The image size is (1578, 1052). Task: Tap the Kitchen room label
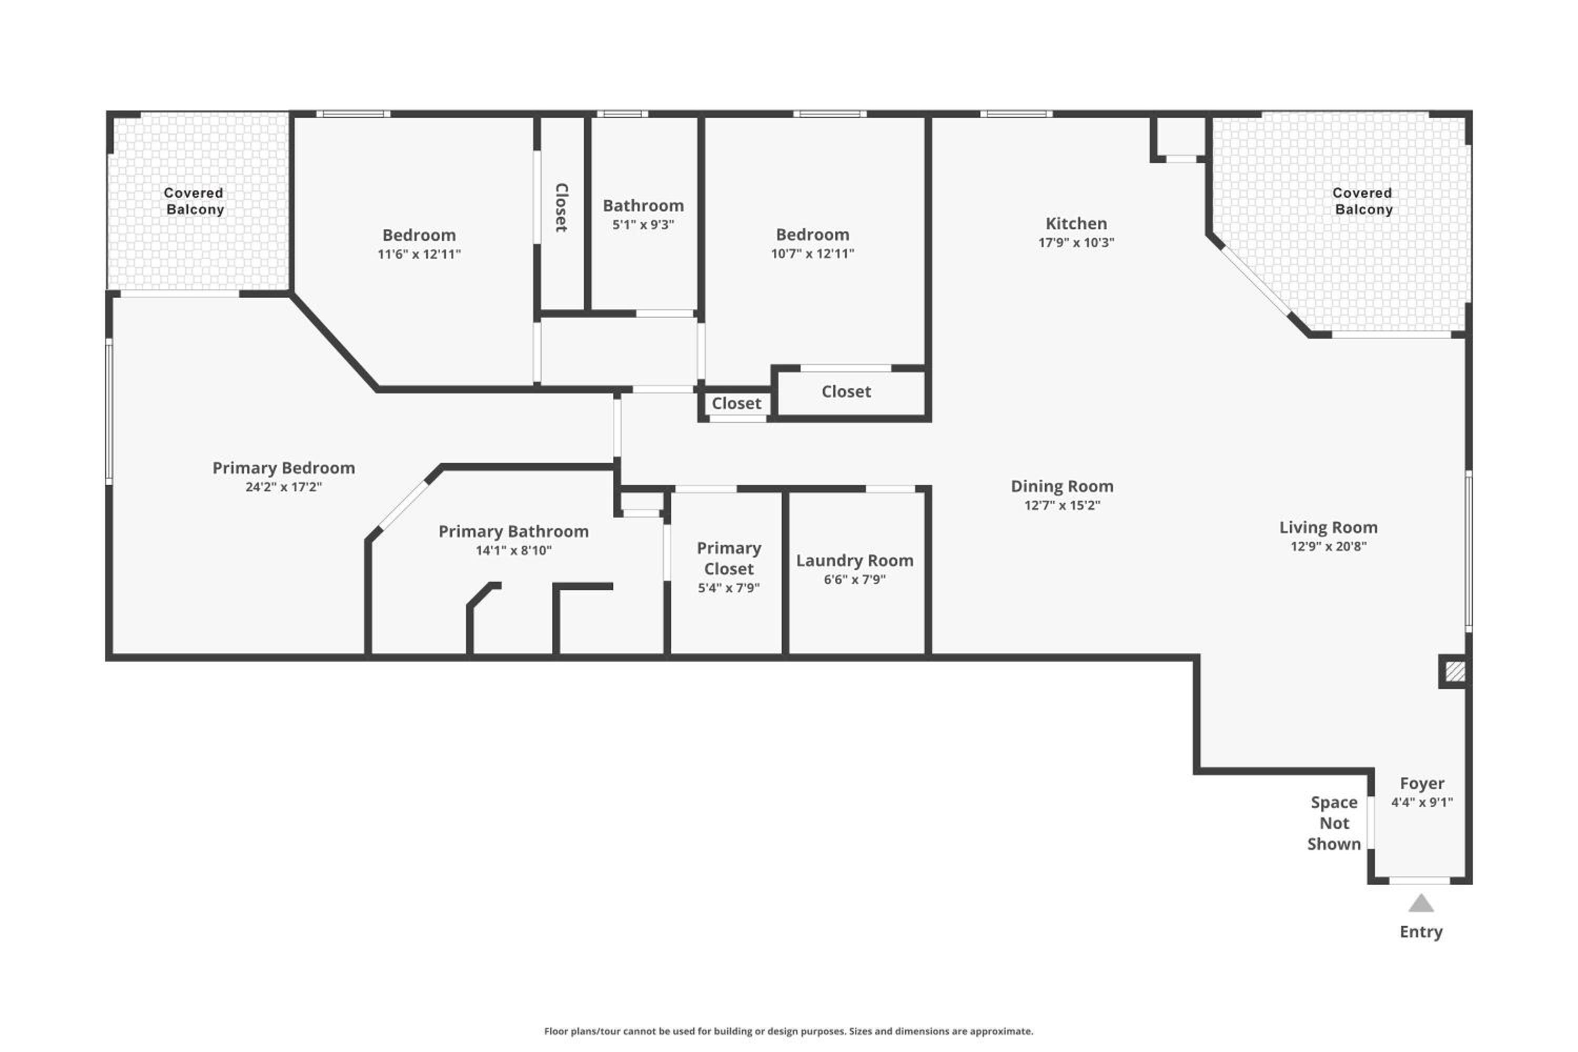(1076, 224)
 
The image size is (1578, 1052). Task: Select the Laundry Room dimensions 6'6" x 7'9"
(855, 580)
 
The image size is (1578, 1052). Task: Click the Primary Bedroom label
(284, 468)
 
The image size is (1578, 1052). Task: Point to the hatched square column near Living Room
(1454, 672)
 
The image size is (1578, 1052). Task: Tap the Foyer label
(1422, 784)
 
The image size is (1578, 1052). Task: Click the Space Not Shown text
(1334, 823)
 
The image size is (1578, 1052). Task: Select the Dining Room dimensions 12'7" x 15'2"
(1062, 505)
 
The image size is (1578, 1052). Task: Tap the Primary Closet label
(729, 558)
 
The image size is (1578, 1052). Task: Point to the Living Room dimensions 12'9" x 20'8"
(1329, 546)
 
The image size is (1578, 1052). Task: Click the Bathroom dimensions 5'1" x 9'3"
(643, 225)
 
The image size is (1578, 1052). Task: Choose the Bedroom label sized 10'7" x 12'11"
(813, 235)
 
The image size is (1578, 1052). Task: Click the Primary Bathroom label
(513, 531)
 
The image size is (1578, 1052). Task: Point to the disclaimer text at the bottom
(788, 1031)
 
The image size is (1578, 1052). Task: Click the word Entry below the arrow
(1421, 932)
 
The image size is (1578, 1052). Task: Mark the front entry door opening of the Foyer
(1420, 880)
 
